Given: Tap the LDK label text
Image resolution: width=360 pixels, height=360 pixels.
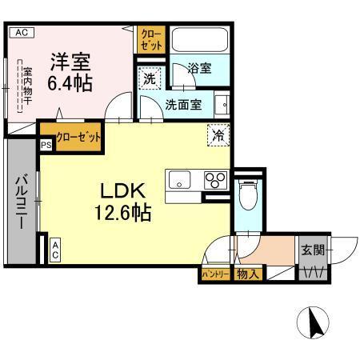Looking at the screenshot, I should click(x=121, y=191).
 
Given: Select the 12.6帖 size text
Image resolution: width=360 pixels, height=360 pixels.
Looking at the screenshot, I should click(x=121, y=213).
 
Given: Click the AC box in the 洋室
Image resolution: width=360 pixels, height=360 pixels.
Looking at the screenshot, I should click(x=21, y=33).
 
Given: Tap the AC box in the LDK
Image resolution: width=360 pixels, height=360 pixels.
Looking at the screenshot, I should click(x=55, y=250).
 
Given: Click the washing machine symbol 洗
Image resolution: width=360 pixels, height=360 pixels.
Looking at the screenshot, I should click(x=149, y=78).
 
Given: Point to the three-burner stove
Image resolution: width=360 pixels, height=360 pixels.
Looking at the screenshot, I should click(x=214, y=179).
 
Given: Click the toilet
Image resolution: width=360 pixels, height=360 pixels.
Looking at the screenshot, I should click(x=248, y=194).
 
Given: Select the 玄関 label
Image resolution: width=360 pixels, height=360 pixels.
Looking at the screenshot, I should click(x=313, y=249).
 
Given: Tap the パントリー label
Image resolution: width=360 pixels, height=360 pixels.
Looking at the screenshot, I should click(x=214, y=274).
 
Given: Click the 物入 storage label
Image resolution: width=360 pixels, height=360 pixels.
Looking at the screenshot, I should click(x=248, y=274).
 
